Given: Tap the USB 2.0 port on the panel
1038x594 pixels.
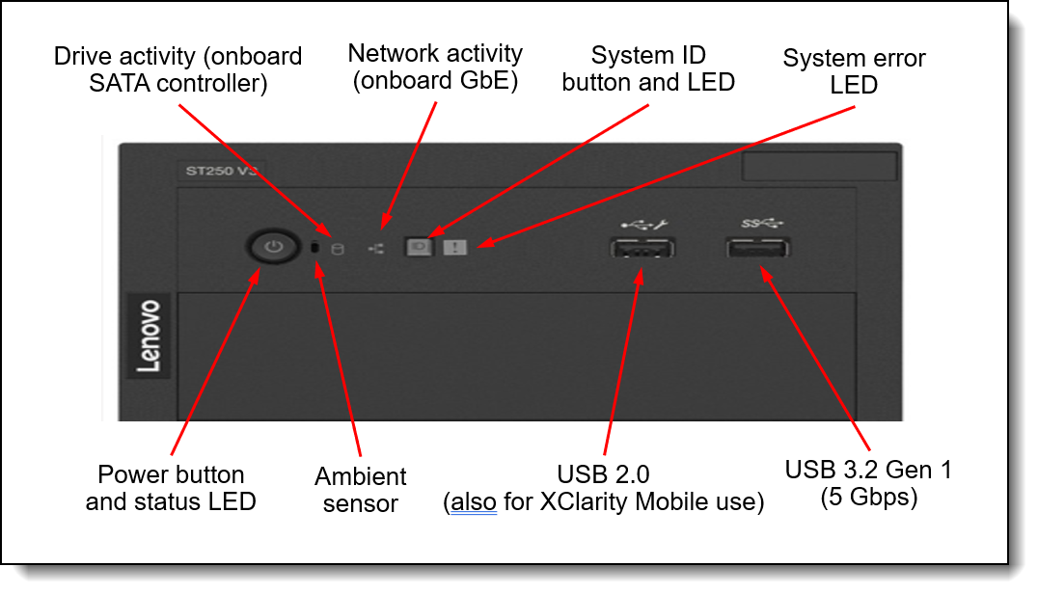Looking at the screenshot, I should (642, 249).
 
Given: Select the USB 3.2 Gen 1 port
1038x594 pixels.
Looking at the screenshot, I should (758, 249).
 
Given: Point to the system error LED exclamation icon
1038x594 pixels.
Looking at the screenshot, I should (455, 248).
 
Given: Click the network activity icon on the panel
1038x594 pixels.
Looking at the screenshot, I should (376, 249).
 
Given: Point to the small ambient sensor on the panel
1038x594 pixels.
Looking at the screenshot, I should (315, 249).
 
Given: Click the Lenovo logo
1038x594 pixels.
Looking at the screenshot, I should (149, 335).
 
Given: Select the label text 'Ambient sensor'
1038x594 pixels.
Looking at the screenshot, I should (361, 489).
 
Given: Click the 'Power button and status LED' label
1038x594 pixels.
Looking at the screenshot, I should (171, 488).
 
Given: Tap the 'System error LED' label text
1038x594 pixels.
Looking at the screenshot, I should (854, 71).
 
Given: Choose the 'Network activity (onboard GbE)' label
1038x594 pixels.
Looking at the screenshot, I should (435, 67).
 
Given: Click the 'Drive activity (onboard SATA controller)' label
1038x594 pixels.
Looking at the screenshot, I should (178, 69).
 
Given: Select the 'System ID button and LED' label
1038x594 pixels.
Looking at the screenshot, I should (648, 68).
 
